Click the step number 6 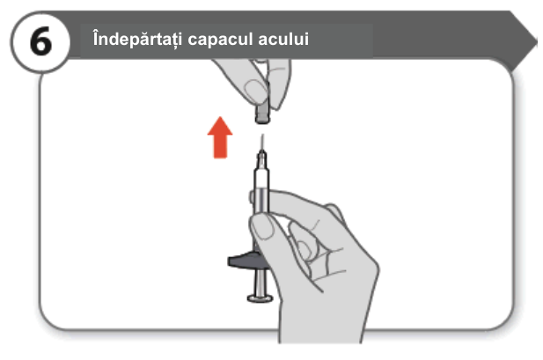point(40,42)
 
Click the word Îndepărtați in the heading point(137,38)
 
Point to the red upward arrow point(220,137)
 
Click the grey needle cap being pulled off point(262,112)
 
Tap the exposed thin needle point(262,143)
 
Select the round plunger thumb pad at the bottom point(260,298)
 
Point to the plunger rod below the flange point(260,282)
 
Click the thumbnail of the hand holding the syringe point(262,226)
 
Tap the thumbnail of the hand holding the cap point(255,90)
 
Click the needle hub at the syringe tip point(262,159)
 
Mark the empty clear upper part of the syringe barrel point(261,178)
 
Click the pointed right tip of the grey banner point(537,41)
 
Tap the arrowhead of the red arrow point(220,126)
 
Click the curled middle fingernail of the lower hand point(304,249)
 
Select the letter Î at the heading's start point(97,38)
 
